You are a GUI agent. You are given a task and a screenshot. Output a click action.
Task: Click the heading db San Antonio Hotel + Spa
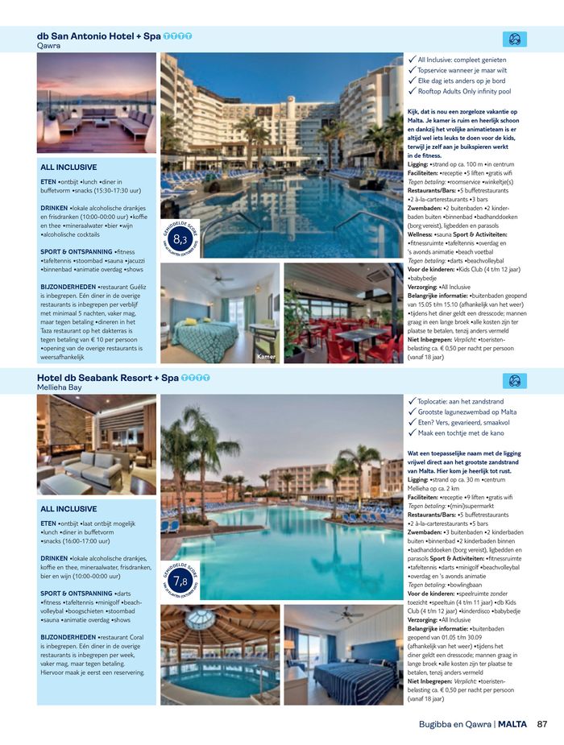98,36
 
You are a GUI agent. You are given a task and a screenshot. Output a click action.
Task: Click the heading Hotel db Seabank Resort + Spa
108,377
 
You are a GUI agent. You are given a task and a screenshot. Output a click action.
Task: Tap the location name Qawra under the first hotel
48,46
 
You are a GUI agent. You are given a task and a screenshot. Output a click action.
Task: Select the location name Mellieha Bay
60,387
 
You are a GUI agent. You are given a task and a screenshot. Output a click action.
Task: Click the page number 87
542,724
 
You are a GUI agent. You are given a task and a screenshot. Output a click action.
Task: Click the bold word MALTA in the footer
512,724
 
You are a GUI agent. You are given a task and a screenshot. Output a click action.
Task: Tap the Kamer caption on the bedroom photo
266,355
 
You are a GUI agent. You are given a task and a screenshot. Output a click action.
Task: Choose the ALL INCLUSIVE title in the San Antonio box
68,168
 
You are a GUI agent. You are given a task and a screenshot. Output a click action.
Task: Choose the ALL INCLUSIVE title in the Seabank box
68,509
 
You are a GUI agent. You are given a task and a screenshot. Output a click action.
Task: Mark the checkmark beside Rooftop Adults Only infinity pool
412,92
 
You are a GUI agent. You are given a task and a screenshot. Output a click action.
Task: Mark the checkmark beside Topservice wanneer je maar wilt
412,70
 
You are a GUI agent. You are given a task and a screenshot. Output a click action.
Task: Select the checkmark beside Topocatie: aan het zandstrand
412,401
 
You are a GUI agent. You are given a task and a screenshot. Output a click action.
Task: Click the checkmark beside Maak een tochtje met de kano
412,433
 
